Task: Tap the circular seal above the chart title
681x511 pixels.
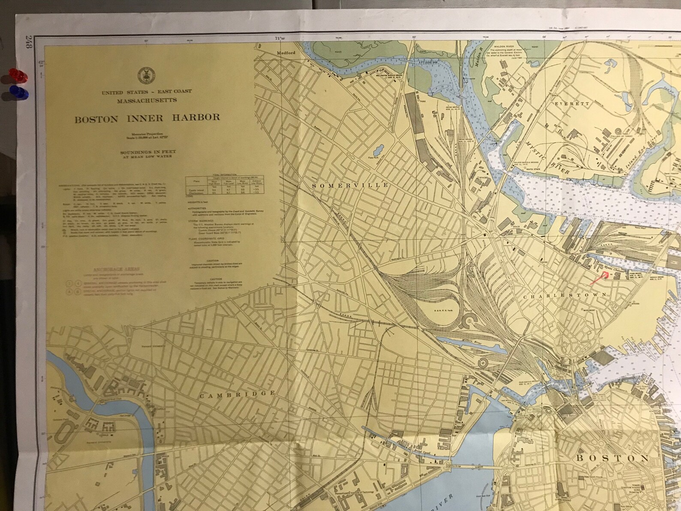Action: [144, 75]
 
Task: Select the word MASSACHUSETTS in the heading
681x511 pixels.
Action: [147, 100]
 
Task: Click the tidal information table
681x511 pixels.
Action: [225, 185]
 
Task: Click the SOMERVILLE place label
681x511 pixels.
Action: [350, 185]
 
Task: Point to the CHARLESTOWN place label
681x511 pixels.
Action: [565, 296]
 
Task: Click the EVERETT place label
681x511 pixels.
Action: [572, 104]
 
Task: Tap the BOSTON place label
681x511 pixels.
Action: [612, 458]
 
